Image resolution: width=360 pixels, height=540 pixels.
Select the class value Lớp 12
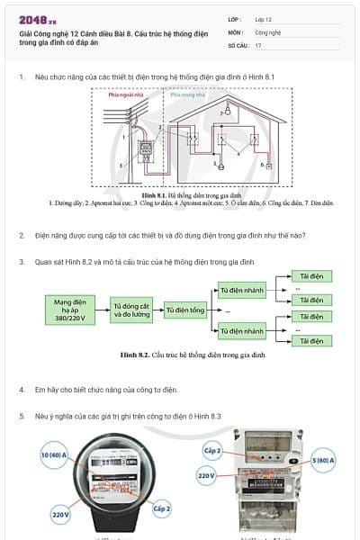tap(264, 19)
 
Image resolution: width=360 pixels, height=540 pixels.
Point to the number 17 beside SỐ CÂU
tap(258, 44)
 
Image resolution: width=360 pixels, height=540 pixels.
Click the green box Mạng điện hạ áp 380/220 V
tap(75, 310)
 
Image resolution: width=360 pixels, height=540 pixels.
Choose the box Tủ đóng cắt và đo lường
tap(131, 310)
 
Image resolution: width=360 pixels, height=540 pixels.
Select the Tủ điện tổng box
tap(184, 310)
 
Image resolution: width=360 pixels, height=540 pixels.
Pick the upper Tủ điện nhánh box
tap(242, 289)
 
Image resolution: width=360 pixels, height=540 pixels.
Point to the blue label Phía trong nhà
tap(187, 93)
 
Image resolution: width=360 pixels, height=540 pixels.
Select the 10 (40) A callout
tap(56, 455)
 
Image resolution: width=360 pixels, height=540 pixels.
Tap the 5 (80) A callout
tap(322, 460)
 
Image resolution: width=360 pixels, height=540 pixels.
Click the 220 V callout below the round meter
tap(60, 515)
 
